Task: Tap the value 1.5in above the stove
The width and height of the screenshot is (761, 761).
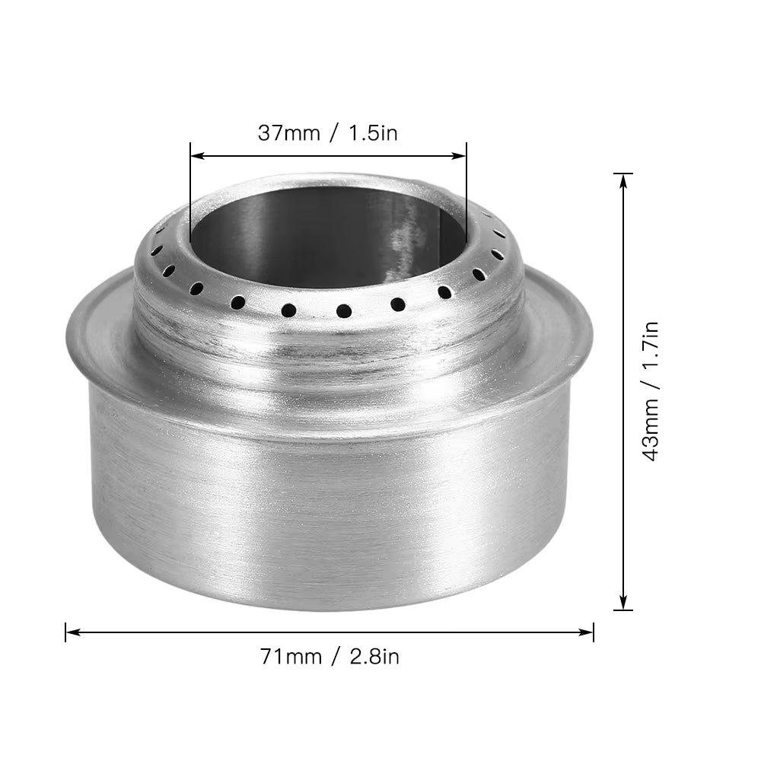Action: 373,133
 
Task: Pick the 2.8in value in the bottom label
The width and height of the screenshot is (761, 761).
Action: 374,656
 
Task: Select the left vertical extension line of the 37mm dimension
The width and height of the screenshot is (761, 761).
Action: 190,198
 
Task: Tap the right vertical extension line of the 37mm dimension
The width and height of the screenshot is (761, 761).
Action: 466,198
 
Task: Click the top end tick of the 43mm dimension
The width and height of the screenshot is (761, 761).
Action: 623,174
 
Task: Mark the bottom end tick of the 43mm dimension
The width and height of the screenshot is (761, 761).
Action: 623,610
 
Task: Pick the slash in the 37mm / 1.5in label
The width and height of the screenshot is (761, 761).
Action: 332,133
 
